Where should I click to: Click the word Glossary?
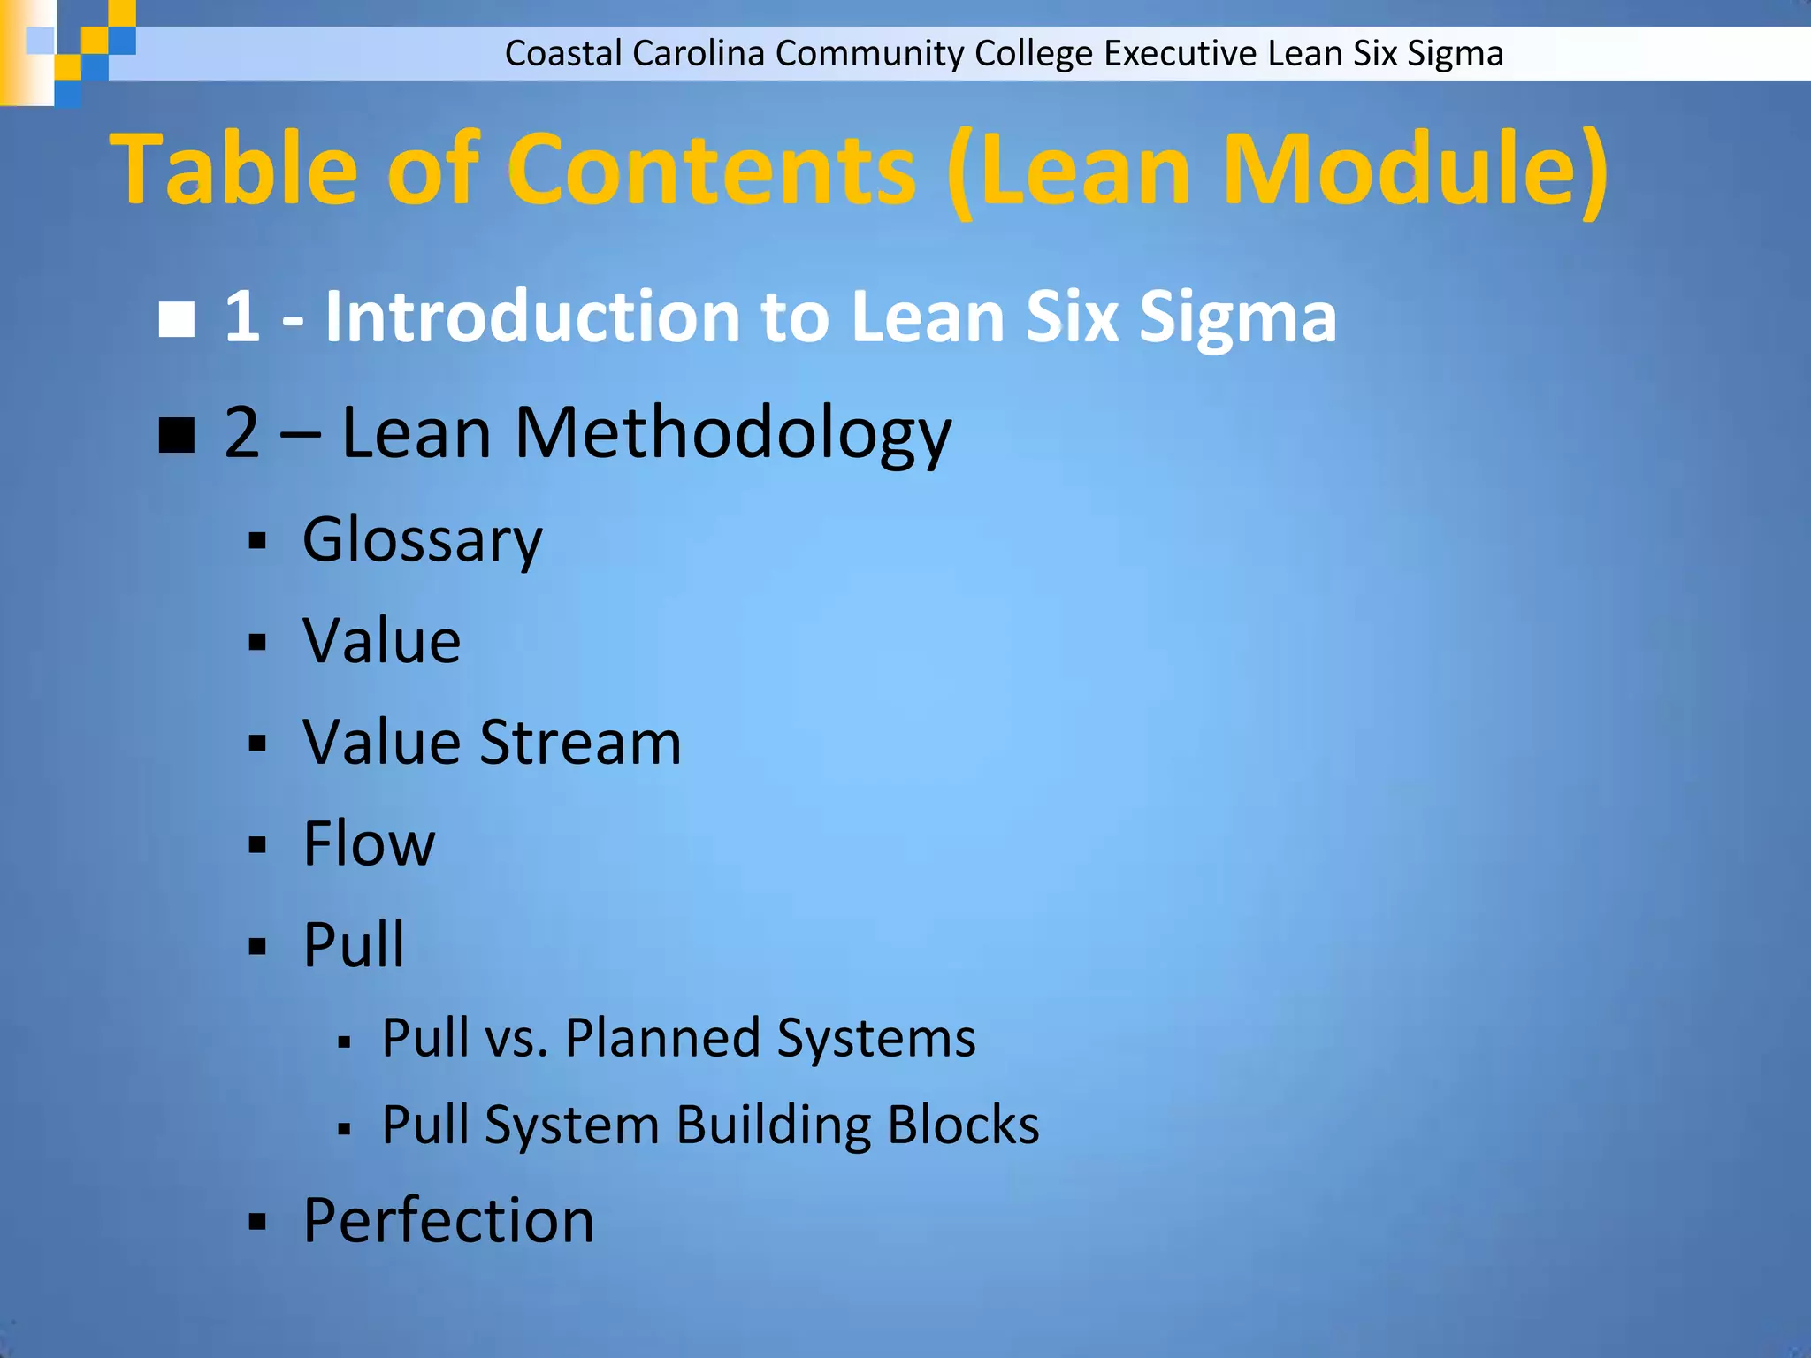click(x=422, y=540)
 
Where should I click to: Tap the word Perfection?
click(x=448, y=1221)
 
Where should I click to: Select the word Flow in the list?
click(x=369, y=843)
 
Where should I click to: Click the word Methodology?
click(x=733, y=433)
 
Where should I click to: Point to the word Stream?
click(x=580, y=742)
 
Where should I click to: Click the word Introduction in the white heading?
click(x=532, y=317)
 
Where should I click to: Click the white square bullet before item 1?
click(x=177, y=319)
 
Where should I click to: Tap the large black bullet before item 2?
click(x=177, y=435)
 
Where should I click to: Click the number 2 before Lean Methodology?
click(x=242, y=433)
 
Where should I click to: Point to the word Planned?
click(x=662, y=1038)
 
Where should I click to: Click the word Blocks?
click(x=963, y=1125)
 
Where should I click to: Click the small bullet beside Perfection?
click(x=257, y=1224)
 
